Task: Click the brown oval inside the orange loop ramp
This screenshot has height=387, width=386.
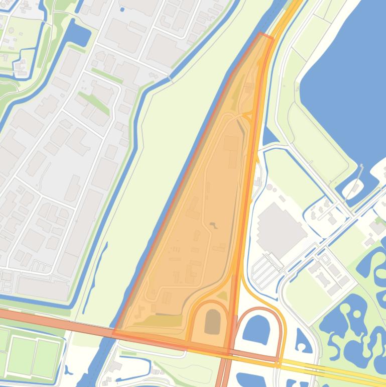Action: pyautogui.click(x=213, y=322)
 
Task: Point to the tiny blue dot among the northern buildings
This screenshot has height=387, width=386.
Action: pyautogui.click(x=121, y=9)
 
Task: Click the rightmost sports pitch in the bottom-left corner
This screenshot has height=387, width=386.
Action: pyautogui.click(x=47, y=355)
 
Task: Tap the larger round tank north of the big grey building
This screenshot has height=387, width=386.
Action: pyautogui.click(x=270, y=188)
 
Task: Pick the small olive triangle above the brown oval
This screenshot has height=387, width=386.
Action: pyautogui.click(x=221, y=297)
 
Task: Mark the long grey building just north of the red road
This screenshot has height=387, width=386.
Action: pyautogui.click(x=43, y=287)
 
